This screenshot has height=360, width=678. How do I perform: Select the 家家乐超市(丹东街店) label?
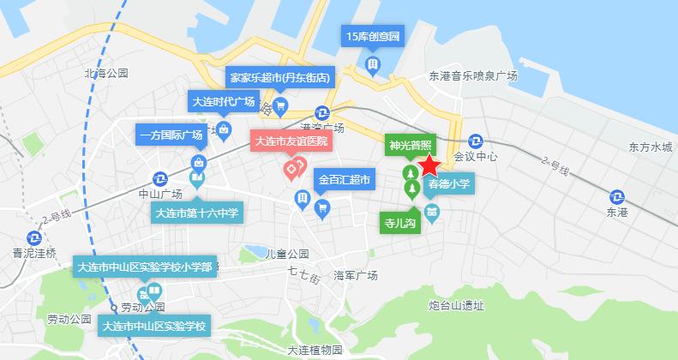[x=279, y=77]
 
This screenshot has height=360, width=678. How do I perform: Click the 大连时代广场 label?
[x=223, y=101]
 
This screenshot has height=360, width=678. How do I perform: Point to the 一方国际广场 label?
[x=171, y=135]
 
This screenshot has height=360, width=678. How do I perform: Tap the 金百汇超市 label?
[x=344, y=181]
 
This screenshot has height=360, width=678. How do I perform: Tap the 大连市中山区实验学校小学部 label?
[x=144, y=267]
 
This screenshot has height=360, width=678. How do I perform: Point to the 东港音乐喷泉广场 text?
[x=473, y=76]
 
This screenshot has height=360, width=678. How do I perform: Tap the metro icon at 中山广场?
[x=160, y=178]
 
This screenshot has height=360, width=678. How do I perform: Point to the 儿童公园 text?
[x=287, y=255]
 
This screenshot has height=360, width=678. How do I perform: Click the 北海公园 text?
[x=106, y=74]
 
